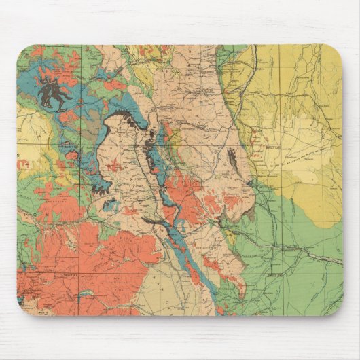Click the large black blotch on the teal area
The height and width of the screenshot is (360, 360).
[x=53, y=92]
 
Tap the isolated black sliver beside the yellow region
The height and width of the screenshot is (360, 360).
[x=234, y=161]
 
